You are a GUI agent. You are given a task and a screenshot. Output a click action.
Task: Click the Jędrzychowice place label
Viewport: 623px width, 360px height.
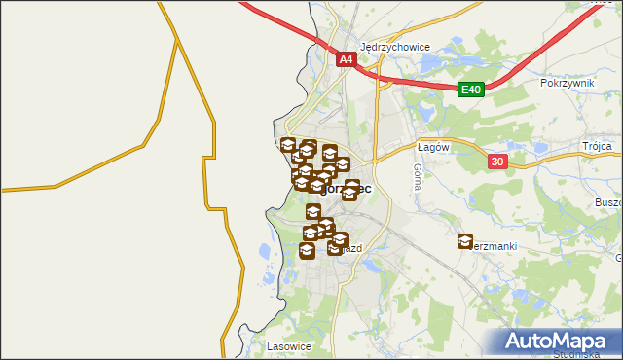coord(394,46)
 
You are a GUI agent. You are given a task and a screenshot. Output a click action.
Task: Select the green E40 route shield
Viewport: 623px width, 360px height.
coord(470,90)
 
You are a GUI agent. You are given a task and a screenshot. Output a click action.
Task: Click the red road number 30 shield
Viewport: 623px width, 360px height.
coord(496,162)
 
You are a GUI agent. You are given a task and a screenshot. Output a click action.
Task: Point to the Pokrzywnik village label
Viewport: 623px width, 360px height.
coord(566,84)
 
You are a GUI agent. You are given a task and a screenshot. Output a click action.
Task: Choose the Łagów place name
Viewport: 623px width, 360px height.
coord(431,147)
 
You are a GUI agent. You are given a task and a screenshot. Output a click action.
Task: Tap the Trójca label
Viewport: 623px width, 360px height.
coord(597,146)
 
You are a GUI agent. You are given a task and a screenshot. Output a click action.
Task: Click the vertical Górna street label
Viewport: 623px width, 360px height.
coord(417,175)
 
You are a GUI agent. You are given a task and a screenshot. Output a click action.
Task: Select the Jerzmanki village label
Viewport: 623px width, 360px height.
coord(494,247)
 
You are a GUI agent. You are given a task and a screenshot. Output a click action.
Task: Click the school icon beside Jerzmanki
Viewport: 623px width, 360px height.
coord(465,241)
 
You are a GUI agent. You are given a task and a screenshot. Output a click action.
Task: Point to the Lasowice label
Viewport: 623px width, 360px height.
coord(287,345)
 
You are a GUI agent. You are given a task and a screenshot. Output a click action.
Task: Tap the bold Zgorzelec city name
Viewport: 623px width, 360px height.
coord(346,189)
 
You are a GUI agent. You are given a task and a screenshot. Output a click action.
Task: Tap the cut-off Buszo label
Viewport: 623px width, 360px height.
coord(606,203)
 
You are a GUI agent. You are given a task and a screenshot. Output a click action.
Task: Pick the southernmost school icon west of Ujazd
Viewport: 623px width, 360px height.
coord(307,252)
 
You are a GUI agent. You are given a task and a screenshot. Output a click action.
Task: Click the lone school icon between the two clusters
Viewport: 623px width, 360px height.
coord(313,211)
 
